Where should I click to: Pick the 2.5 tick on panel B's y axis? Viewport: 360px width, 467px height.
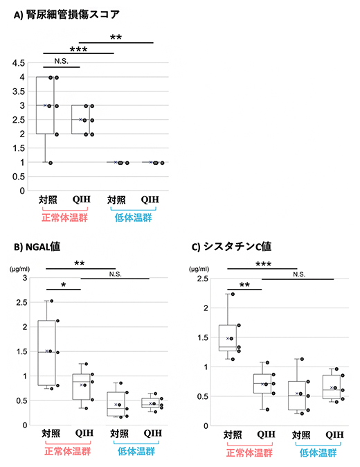[23, 302]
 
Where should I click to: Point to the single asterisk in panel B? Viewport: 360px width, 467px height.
[64, 285]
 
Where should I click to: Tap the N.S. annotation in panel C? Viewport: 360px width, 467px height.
[299, 274]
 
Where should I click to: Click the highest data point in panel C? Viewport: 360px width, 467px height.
[232, 294]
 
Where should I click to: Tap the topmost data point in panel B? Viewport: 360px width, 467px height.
[51, 301]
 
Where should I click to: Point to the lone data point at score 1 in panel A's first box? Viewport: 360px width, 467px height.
[51, 162]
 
